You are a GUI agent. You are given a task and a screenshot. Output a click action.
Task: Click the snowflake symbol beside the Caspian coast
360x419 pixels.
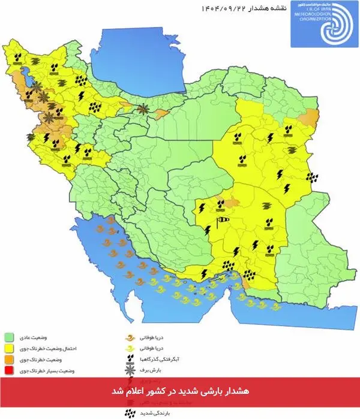[x=143, y=108]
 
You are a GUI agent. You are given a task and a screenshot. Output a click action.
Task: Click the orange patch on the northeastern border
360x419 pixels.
[x=310, y=117]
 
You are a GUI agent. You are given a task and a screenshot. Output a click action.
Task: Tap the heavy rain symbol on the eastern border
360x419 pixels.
[x=312, y=177]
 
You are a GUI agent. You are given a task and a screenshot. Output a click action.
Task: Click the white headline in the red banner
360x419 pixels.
[x=179, y=391]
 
